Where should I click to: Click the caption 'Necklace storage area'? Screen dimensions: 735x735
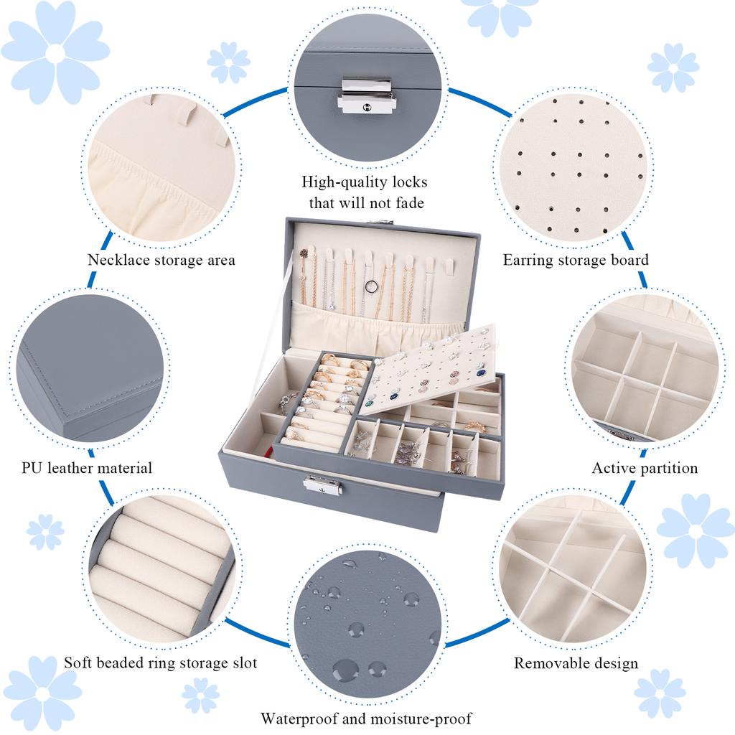(161, 259)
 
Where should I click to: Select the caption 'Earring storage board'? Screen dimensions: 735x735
(575, 259)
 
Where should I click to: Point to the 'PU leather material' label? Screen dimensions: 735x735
(88, 468)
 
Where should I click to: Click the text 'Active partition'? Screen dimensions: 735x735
(645, 468)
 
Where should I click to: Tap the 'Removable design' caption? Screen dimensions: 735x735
(576, 663)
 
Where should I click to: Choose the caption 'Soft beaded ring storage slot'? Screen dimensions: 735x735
(160, 663)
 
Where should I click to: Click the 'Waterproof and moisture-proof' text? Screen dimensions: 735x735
(367, 718)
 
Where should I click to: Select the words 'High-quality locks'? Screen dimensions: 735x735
(365, 182)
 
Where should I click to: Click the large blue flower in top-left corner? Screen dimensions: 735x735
(56, 52)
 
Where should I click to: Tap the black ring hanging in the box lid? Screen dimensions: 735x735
(370, 287)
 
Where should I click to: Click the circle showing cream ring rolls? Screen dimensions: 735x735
(161, 567)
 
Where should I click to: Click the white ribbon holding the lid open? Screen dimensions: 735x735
(289, 287)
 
